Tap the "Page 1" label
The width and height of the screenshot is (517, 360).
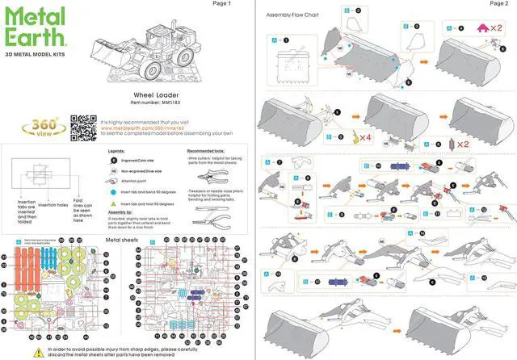(221, 4)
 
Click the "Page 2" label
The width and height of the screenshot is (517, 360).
(498, 4)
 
